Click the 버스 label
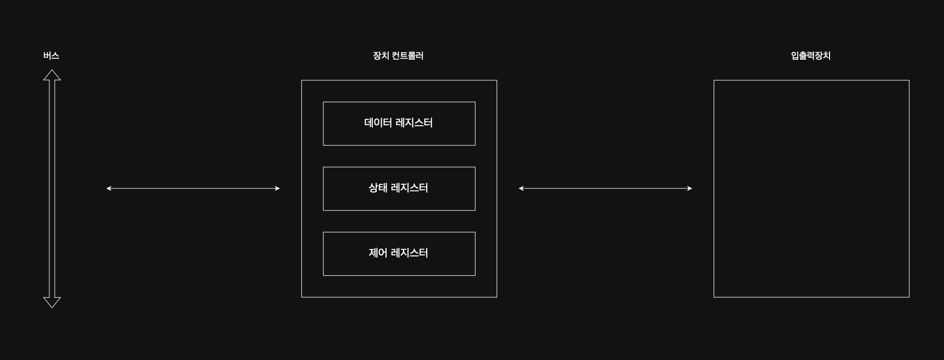51,56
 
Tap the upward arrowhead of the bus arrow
52,75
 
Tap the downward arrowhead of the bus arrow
52,302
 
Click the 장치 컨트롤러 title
398,56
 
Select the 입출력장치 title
811,56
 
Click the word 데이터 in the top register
378,123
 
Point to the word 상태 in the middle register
378,188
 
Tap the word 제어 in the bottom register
378,253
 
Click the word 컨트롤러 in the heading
407,56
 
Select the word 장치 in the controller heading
381,56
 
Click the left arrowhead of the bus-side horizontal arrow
109,188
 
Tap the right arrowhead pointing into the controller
277,188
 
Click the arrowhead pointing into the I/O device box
690,188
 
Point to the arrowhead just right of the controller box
521,188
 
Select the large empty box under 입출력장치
811,188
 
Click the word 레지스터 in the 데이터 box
414,123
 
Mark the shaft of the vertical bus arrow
52,188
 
